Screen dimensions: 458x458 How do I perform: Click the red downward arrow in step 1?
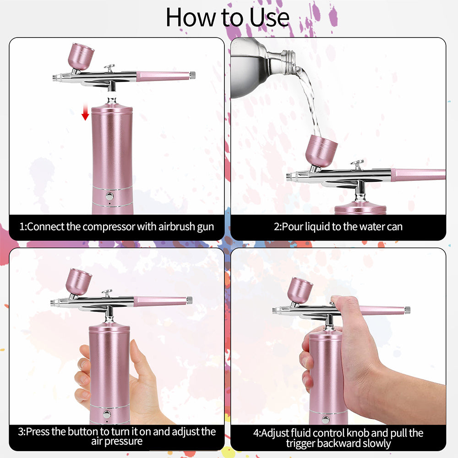coord(85,111)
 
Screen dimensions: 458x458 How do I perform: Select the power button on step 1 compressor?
coord(109,196)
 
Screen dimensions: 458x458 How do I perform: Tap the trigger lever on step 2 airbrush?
coord(357,164)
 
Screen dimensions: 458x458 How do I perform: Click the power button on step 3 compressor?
coord(107,414)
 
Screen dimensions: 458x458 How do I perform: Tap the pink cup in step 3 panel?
coord(79,282)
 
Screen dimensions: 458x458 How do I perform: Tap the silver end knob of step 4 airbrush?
coord(407,310)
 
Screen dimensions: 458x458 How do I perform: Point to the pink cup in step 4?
coord(300,290)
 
